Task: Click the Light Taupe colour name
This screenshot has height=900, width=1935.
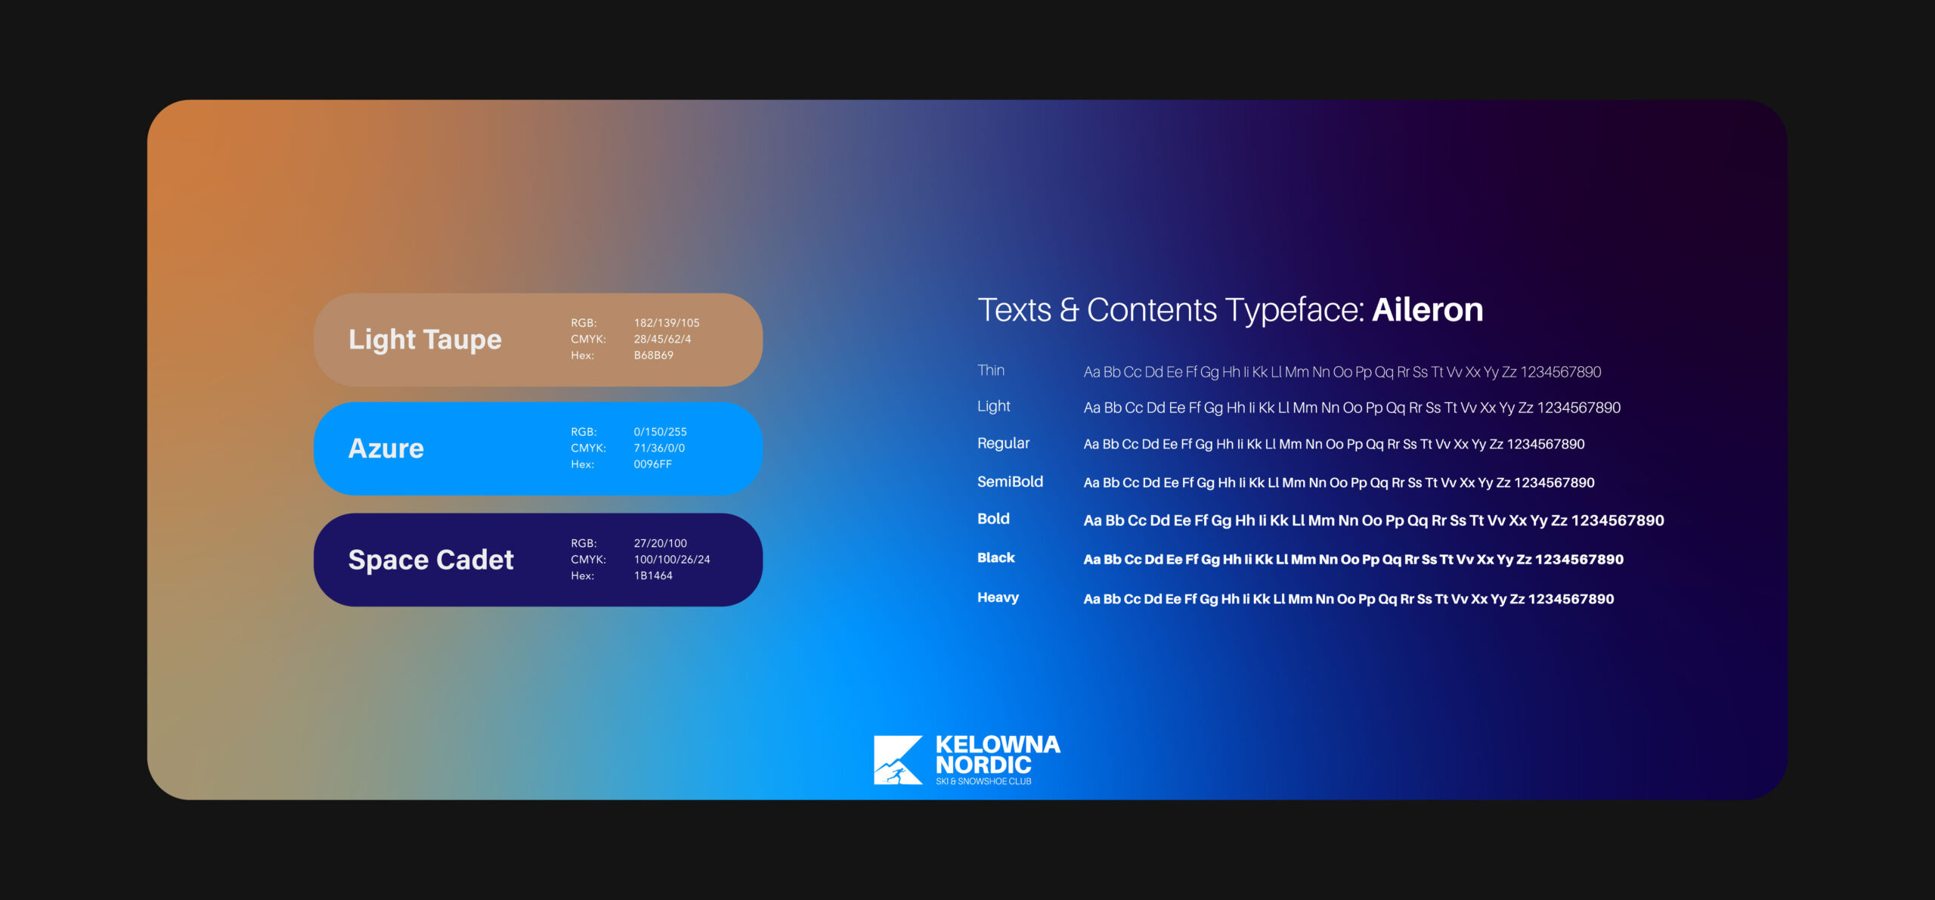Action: coord(425,340)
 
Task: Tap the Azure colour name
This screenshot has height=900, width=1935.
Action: coord(385,448)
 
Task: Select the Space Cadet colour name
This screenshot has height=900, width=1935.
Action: coord(431,560)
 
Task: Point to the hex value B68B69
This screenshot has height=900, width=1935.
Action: coord(653,355)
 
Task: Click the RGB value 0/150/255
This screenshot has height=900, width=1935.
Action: coord(660,432)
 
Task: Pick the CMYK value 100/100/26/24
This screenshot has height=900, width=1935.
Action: coord(672,560)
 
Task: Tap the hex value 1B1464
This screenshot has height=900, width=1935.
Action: coord(653,576)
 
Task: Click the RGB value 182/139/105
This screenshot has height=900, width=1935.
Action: coord(667,323)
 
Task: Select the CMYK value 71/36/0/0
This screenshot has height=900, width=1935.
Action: coord(659,448)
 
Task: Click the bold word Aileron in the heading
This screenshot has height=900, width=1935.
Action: coord(1427,310)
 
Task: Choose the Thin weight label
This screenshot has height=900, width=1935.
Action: coord(991,371)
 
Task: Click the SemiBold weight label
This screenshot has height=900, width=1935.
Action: coord(1010,482)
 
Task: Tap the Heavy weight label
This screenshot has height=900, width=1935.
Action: coord(998,597)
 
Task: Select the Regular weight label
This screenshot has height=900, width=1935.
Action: coord(1003,443)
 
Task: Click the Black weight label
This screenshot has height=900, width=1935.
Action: coord(995,557)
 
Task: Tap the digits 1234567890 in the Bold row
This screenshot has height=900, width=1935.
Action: coord(1618,520)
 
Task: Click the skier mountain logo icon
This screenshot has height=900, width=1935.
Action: coord(898,760)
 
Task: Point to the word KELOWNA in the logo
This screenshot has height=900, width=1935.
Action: coord(998,745)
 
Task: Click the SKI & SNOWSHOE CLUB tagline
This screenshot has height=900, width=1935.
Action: coord(983,781)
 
